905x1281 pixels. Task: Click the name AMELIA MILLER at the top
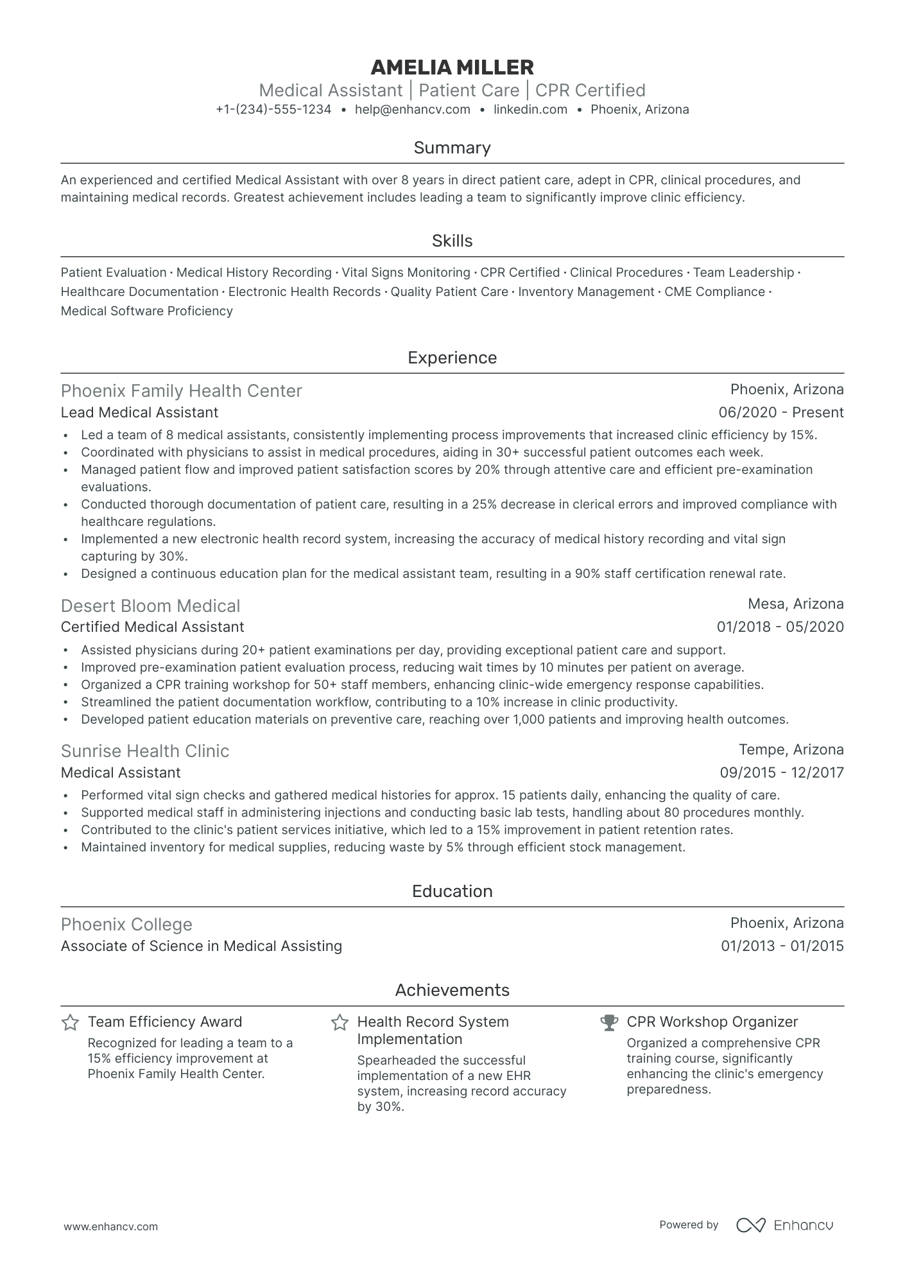coord(452,67)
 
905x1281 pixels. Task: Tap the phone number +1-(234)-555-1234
coord(273,110)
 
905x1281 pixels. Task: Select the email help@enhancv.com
coord(413,110)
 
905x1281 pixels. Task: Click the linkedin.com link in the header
coord(530,110)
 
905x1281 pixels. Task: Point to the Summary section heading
coord(452,148)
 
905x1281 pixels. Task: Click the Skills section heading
coord(452,241)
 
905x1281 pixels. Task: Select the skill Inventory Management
coord(586,292)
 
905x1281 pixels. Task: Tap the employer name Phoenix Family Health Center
coord(181,391)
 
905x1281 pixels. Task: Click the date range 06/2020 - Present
coord(781,413)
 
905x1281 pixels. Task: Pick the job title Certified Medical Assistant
coord(152,627)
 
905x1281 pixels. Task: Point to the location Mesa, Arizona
coord(795,604)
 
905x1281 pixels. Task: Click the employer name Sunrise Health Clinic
coord(145,751)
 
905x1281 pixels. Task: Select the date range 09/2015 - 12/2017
coord(781,773)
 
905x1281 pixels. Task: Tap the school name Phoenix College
coord(126,925)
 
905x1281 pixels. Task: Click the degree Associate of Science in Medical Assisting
coord(201,946)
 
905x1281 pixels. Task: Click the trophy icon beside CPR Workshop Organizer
coord(608,1023)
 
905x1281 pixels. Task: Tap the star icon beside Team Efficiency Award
coord(70,1023)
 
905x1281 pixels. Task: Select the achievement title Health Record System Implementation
coord(433,1031)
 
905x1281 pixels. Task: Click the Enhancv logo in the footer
coord(784,1225)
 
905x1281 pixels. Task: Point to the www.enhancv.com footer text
coord(110,1226)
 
